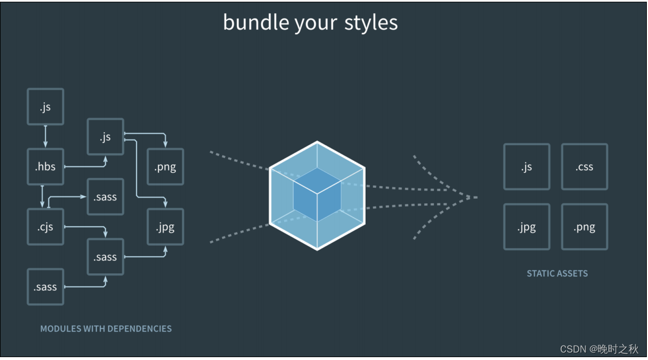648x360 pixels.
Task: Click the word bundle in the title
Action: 255,22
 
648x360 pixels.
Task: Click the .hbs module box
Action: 45,167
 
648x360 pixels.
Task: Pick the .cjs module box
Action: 45,227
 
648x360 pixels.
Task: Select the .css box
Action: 584,167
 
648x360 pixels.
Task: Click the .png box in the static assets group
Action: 584,227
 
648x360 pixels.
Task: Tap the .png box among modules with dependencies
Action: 165,167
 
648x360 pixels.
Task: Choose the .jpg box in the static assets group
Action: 526,227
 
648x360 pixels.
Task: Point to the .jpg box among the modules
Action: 165,227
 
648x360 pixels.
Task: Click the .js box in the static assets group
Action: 526,167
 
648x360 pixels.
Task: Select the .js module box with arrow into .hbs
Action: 45,107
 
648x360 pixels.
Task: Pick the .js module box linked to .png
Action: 105,137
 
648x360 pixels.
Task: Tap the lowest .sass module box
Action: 45,287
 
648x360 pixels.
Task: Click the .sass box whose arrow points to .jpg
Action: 105,257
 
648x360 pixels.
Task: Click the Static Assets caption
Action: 557,273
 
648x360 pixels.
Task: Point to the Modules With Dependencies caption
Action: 106,329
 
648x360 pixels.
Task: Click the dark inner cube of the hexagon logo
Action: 317,195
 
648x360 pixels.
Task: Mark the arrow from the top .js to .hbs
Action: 45,137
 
